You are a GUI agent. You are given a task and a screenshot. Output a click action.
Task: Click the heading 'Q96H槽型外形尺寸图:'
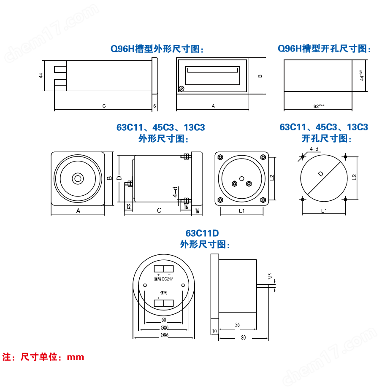click(x=157, y=49)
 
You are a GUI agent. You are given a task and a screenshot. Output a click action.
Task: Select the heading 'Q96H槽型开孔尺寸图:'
click(x=324, y=49)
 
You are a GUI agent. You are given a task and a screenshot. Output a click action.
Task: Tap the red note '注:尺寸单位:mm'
click(x=43, y=357)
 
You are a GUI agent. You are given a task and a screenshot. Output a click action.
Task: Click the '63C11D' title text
click(x=202, y=233)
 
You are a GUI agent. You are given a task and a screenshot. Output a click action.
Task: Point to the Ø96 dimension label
click(x=164, y=335)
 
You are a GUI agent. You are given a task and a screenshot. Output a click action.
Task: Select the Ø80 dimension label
click(x=164, y=328)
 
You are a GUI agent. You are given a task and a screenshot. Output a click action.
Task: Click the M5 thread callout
click(x=270, y=277)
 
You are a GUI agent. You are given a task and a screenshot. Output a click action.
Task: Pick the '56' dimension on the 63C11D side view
click(x=237, y=325)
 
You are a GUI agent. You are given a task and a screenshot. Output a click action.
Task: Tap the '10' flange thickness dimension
click(x=214, y=331)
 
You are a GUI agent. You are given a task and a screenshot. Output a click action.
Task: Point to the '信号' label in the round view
click(x=163, y=292)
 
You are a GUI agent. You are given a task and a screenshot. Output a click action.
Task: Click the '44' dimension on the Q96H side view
click(x=41, y=76)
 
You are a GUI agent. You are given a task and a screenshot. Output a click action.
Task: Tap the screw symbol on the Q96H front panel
click(x=182, y=89)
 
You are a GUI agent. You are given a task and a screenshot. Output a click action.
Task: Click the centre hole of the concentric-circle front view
click(x=78, y=178)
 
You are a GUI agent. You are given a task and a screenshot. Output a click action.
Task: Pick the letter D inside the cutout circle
click(x=321, y=174)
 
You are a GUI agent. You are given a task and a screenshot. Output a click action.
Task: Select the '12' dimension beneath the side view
click(x=128, y=206)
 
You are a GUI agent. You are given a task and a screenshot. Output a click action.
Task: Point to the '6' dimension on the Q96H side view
click(x=154, y=106)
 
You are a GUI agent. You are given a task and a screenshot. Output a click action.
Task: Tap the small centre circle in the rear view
click(x=241, y=178)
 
